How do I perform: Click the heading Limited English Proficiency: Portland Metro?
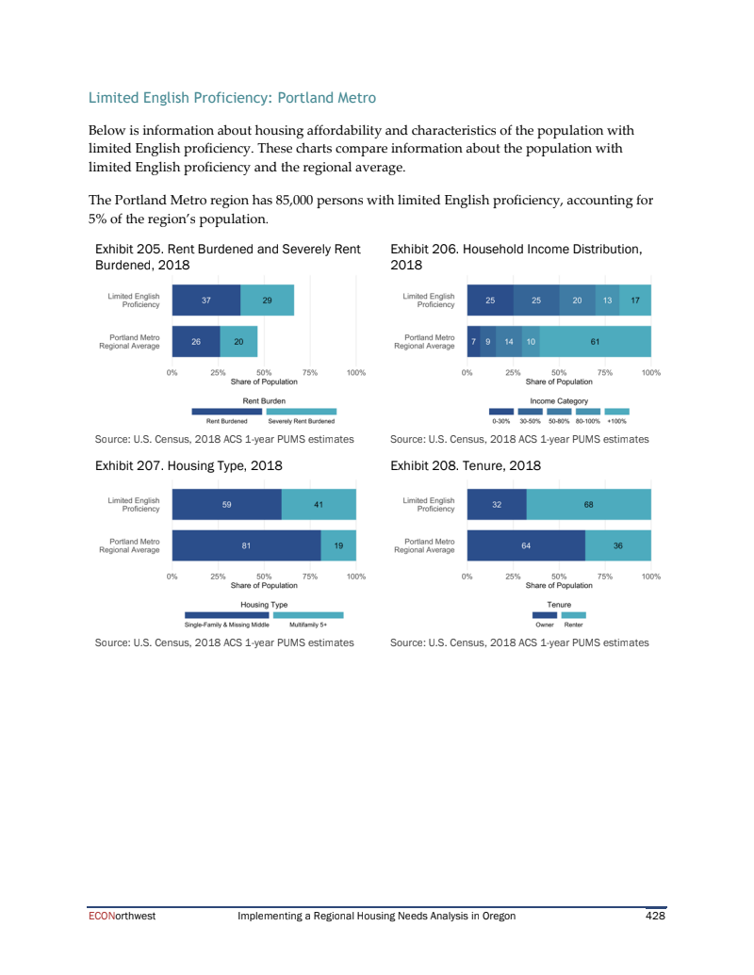(x=232, y=98)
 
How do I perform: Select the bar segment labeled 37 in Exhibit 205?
(x=205, y=301)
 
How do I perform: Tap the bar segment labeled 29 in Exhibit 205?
(x=267, y=301)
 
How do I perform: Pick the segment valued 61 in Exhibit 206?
(x=595, y=341)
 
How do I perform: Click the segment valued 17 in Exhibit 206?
(x=635, y=301)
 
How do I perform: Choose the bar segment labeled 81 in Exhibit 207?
(x=246, y=545)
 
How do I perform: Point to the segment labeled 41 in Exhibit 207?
(x=319, y=505)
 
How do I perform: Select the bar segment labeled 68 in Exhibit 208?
(x=588, y=505)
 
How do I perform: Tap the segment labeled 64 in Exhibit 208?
(x=526, y=545)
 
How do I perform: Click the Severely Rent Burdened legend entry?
(x=301, y=421)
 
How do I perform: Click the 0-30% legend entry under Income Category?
(x=501, y=421)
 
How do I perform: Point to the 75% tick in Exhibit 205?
(x=310, y=372)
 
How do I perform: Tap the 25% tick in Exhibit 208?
(x=513, y=576)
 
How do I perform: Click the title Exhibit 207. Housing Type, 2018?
(x=188, y=465)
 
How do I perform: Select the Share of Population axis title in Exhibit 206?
(x=559, y=382)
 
